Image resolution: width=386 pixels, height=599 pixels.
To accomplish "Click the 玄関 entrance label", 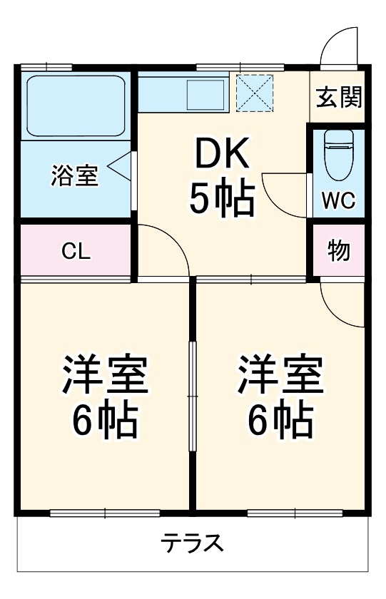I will (x=340, y=97).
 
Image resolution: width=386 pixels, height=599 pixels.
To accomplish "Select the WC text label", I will (x=337, y=200).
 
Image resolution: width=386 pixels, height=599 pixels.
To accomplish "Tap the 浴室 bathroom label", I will (x=74, y=175).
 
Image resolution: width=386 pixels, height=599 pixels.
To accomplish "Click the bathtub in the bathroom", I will (x=76, y=105).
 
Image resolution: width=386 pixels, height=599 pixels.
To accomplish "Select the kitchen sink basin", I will (x=206, y=95).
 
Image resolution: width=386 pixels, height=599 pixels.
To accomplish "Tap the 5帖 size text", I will (x=221, y=199).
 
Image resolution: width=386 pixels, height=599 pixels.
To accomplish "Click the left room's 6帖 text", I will (x=105, y=422).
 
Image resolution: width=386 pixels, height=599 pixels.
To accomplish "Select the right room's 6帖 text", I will (x=280, y=422).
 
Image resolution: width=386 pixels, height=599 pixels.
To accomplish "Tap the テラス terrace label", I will (x=192, y=545).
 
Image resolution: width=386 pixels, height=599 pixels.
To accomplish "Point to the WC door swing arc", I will (x=282, y=189).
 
